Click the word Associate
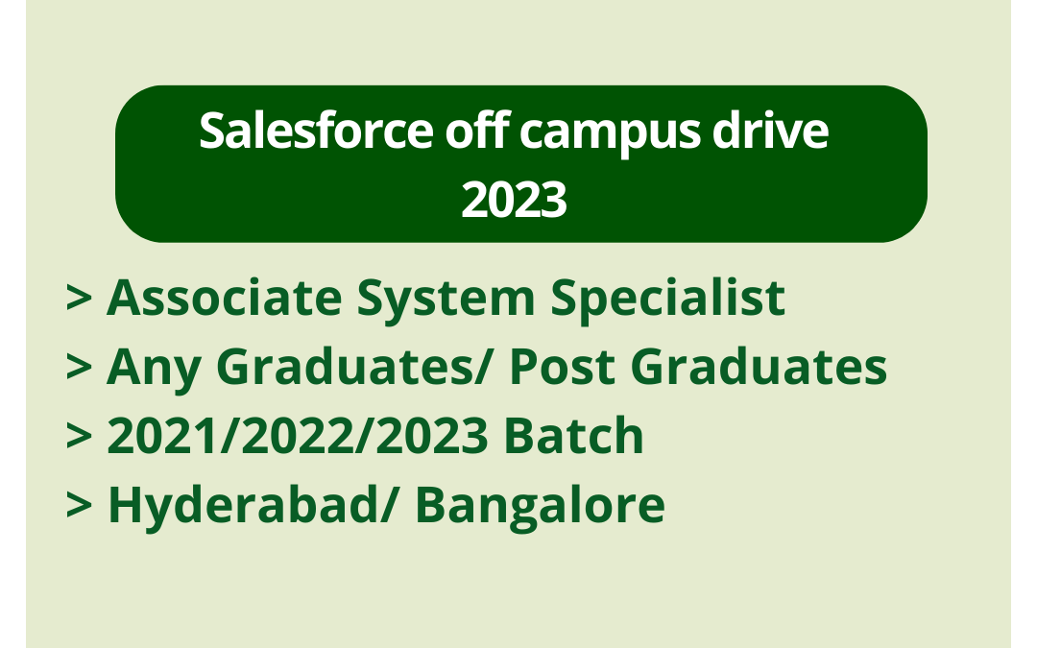223,298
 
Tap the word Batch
574,437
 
